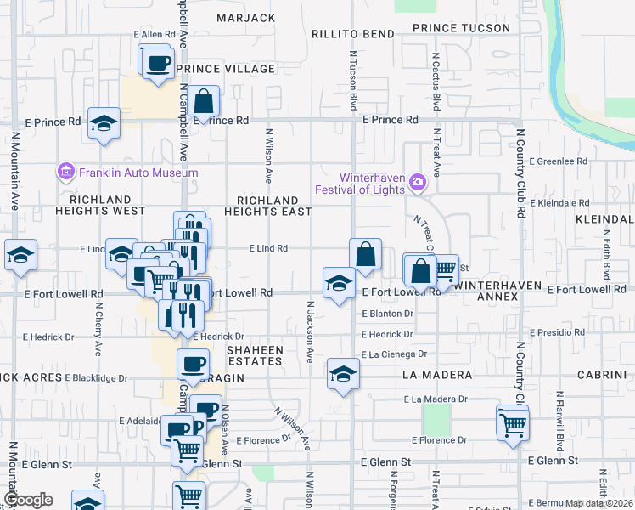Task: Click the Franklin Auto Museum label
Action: click(138, 173)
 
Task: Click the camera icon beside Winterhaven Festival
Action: click(416, 182)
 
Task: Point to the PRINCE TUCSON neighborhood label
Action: click(461, 28)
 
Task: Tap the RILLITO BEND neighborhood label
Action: click(352, 34)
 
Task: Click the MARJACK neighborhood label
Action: click(246, 17)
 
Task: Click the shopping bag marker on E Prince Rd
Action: click(204, 103)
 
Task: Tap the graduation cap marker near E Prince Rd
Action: click(104, 124)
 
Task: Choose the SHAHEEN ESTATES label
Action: click(254, 355)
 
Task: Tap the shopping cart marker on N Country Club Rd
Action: click(513, 424)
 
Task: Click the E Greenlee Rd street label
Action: click(558, 161)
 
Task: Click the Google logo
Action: click(28, 500)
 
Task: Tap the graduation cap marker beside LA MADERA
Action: click(342, 375)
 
